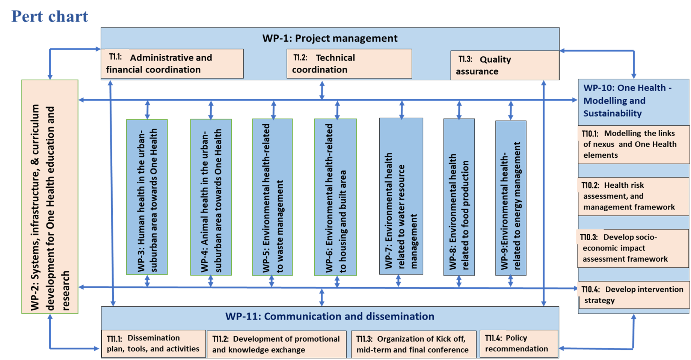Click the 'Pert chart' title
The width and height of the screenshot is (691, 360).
click(50, 17)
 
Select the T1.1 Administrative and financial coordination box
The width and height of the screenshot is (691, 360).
click(172, 63)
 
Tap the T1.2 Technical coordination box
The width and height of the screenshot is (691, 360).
click(349, 63)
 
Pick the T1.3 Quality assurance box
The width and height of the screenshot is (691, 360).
click(504, 65)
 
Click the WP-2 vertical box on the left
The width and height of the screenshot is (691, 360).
click(50, 197)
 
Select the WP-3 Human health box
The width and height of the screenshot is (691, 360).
click(147, 197)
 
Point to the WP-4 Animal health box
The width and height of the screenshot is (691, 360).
click(211, 197)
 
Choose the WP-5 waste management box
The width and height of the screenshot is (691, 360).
click(272, 197)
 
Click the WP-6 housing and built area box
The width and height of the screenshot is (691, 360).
click(335, 197)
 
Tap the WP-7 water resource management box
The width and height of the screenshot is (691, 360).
click(401, 196)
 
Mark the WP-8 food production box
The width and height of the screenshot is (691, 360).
click(459, 197)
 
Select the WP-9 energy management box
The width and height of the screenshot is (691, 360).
click(511, 198)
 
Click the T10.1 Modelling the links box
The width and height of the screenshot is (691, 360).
click(633, 145)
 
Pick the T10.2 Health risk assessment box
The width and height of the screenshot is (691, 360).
click(633, 196)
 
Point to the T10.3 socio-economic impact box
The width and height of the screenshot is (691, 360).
click(632, 248)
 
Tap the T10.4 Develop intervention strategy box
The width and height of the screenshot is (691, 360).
click(634, 295)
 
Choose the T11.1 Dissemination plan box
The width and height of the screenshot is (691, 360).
click(154, 343)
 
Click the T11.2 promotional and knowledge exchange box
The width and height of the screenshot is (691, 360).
click(276, 344)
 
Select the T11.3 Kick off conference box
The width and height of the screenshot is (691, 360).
click(413, 344)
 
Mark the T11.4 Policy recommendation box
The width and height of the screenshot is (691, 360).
click(519, 343)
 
